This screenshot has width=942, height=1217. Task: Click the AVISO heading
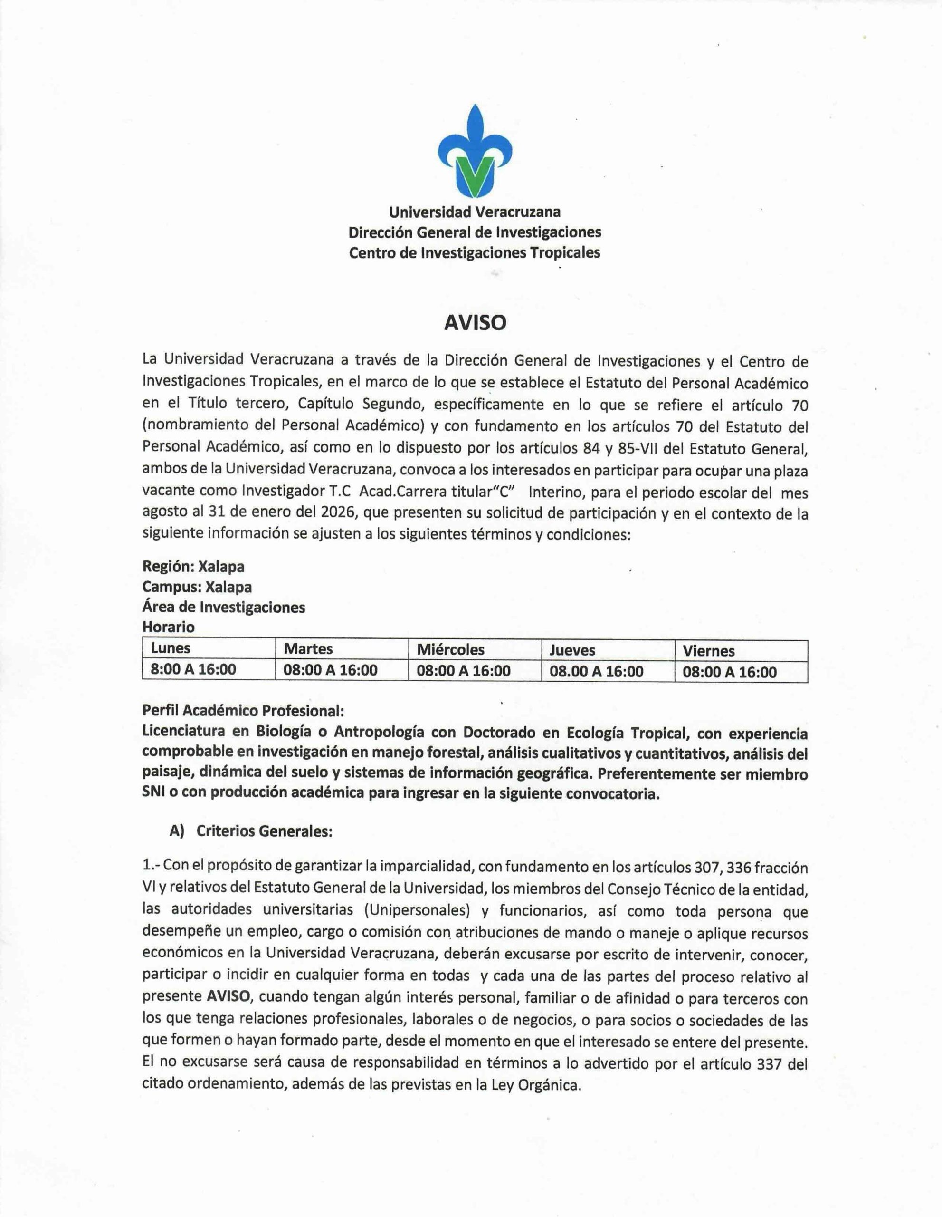(x=475, y=323)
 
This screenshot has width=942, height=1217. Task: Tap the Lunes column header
(x=171, y=648)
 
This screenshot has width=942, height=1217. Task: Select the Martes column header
(x=308, y=648)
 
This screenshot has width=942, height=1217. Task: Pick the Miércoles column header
(x=450, y=649)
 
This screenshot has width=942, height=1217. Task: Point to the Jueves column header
(x=572, y=650)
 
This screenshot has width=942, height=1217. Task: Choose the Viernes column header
(x=709, y=650)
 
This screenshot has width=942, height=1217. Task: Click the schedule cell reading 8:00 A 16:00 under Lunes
(x=193, y=669)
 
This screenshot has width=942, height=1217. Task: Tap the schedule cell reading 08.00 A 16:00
(x=596, y=671)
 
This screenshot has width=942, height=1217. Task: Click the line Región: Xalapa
(x=193, y=567)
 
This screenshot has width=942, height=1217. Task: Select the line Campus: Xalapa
(x=197, y=587)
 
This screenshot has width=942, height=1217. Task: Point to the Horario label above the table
(x=169, y=627)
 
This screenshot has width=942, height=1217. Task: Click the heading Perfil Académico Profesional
(x=243, y=711)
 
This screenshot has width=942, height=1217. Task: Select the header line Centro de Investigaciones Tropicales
(x=475, y=252)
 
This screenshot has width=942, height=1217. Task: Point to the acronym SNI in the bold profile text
(x=153, y=794)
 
